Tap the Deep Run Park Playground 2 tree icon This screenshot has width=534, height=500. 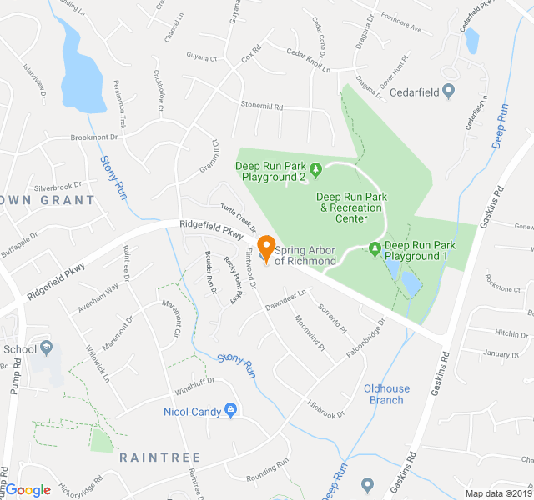(x=315, y=171)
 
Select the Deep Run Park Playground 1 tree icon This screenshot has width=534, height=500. (x=375, y=248)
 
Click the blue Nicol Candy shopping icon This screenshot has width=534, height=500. (x=231, y=410)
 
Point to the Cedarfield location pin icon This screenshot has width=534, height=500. (x=449, y=91)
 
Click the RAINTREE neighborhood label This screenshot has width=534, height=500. (x=159, y=457)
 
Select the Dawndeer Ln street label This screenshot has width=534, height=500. (x=287, y=297)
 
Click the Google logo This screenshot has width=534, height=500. (x=28, y=490)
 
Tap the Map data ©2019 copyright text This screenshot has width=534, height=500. (x=497, y=493)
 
